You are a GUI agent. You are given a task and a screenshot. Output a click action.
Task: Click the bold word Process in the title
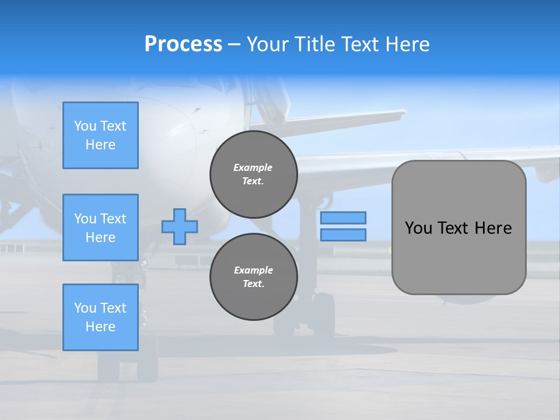pyautogui.click(x=183, y=44)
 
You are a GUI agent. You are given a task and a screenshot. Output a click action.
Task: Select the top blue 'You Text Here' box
pyautogui.click(x=100, y=135)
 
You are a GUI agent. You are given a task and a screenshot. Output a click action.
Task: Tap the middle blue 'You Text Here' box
pyautogui.click(x=100, y=228)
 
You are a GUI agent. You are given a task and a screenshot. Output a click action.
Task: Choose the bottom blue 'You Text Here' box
pyautogui.click(x=100, y=317)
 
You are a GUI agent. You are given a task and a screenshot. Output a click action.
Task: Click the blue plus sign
pyautogui.click(x=180, y=226)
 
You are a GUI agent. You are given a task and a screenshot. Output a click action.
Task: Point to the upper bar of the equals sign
pyautogui.click(x=344, y=218)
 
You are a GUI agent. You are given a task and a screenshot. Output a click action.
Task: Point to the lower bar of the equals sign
pyautogui.click(x=344, y=235)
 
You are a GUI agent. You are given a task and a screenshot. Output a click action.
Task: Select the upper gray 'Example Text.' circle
pyautogui.click(x=253, y=174)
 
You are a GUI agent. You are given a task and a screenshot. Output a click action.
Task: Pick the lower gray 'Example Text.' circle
pyautogui.click(x=253, y=277)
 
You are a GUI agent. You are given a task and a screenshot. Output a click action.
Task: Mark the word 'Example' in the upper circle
pyautogui.click(x=253, y=167)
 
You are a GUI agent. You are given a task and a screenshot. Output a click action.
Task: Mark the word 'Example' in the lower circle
pyautogui.click(x=253, y=270)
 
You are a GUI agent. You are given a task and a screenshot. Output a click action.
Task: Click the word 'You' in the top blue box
pyautogui.click(x=85, y=126)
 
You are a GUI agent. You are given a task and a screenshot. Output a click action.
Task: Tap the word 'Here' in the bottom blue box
pyautogui.click(x=100, y=327)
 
